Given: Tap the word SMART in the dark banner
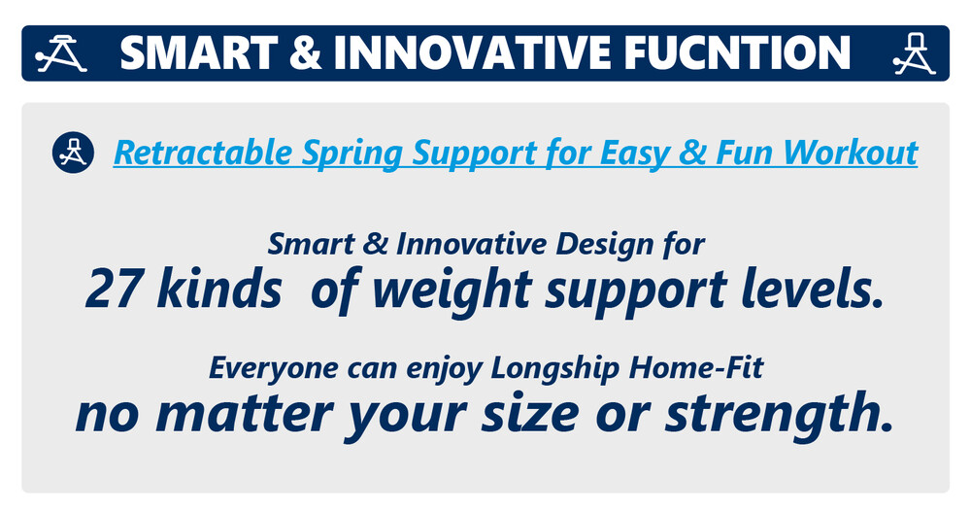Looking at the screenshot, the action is coord(198,52).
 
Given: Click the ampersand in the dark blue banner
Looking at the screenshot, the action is coord(305,52).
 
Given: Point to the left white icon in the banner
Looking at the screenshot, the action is coord(60,54).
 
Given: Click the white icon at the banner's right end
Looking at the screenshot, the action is coord(914,54).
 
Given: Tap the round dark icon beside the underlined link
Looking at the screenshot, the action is coord(73,153).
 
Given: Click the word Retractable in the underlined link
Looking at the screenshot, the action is coord(203,153).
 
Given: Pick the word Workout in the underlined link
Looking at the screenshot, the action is coord(850,153).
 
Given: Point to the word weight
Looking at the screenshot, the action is coord(452,291).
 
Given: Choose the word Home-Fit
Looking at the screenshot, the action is coord(696,367).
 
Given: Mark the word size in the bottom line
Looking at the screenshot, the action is coord(530,414).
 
